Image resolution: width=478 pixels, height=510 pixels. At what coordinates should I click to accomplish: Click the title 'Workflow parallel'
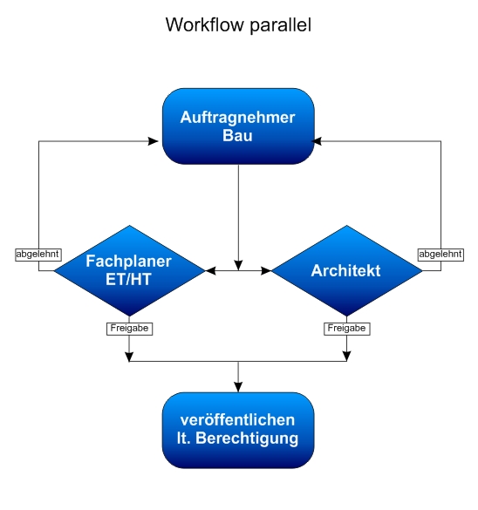coord(238,26)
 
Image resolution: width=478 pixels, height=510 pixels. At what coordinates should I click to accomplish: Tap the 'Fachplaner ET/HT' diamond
coord(129,270)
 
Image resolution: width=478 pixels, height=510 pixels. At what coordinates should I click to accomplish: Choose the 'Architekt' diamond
coord(346,270)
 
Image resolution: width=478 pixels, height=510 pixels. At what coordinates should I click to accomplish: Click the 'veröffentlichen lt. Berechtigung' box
coord(238,430)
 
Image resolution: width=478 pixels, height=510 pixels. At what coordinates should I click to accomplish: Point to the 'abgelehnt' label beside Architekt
coord(440,255)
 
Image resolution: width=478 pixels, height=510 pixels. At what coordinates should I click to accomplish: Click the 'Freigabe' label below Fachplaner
coord(129,329)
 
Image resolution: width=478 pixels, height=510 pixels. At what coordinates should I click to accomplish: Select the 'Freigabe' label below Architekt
coord(346,329)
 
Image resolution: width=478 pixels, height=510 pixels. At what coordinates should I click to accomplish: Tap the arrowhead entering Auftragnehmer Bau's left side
coord(158,139)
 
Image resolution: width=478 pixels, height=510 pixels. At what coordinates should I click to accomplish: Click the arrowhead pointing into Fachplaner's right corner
coord(209,271)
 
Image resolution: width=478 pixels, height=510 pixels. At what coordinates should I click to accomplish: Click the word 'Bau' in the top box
coord(238,136)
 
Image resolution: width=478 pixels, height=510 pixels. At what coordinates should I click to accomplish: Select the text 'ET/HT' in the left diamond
coord(129,279)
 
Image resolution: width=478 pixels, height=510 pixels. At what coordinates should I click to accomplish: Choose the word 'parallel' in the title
coord(281,26)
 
